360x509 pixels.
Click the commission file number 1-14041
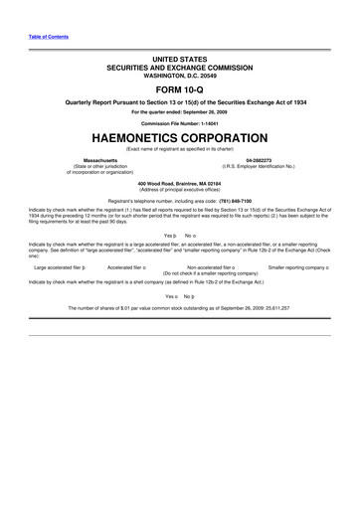click(x=205, y=122)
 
